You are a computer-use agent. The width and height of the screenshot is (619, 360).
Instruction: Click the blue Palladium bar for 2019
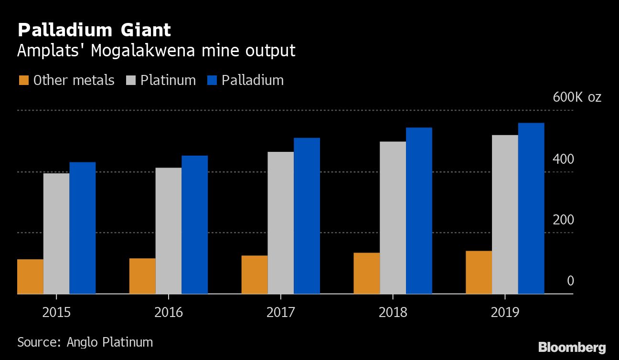coord(531,208)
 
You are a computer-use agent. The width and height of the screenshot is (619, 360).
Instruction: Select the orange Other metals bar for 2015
coord(30,276)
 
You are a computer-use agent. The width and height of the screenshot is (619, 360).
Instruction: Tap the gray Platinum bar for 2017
coord(281,222)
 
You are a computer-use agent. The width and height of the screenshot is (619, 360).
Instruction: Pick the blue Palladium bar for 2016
coord(194,224)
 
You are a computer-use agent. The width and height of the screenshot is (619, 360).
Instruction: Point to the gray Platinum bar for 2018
coord(393,217)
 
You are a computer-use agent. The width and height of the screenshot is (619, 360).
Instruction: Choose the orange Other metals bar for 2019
coord(479,272)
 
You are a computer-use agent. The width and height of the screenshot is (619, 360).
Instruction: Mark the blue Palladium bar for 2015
coord(83,228)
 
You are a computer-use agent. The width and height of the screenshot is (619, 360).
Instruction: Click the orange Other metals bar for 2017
coord(255,275)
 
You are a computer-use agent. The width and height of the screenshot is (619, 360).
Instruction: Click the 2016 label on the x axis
coord(169,313)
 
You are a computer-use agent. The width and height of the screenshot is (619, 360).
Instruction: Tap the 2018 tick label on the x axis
coord(393,313)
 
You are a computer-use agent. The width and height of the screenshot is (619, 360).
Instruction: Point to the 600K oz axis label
coord(577,97)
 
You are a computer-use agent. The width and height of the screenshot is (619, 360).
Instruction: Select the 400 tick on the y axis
coord(564,159)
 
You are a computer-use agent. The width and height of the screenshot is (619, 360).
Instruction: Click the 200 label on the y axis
coord(564,220)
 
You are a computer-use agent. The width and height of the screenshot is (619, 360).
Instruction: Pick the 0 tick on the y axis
coord(570,281)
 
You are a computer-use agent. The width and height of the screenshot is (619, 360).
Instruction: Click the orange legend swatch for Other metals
coord(23,80)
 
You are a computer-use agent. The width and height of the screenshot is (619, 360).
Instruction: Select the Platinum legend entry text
coord(168,80)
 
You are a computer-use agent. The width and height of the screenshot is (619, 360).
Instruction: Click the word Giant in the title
coord(142,30)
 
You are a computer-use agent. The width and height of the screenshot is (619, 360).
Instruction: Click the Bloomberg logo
coord(572,347)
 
